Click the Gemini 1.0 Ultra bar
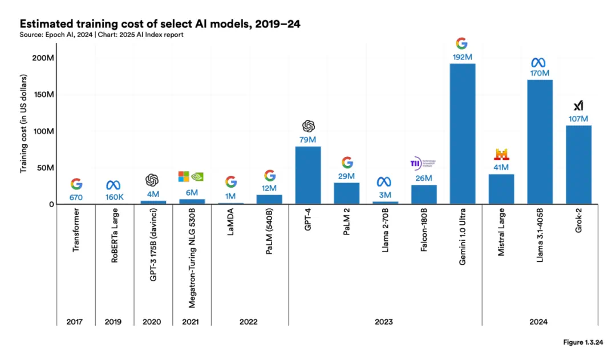[x=462, y=134]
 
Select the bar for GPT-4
[x=308, y=175]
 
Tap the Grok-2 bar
[x=578, y=165]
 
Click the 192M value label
[x=462, y=57]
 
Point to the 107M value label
[x=578, y=119]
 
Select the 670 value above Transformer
[x=76, y=197]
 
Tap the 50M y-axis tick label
[x=46, y=168]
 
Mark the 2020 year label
[x=152, y=322]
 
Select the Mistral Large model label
[x=501, y=240]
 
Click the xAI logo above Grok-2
[x=578, y=106]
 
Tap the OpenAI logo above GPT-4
[x=309, y=126]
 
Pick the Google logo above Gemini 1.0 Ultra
[x=461, y=43]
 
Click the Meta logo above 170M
[x=539, y=62]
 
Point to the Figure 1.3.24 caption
[x=581, y=343]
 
